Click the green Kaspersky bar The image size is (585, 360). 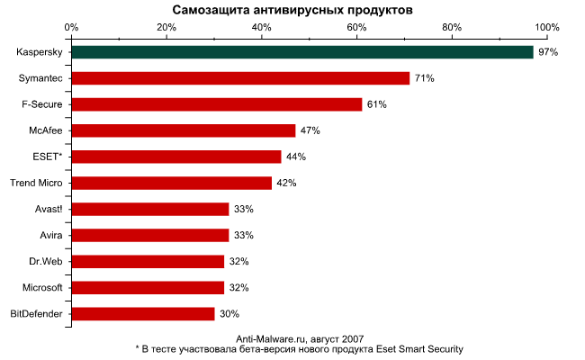pos(302,52)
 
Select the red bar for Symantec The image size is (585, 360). pos(240,78)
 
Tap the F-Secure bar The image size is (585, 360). pos(217,104)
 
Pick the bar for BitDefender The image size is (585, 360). pos(143,314)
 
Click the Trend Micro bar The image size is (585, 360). pos(172,184)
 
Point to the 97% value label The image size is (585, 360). pos(548,52)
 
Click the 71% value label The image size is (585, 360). pos(425,78)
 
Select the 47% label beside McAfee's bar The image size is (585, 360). pos(310,130)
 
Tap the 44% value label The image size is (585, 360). pos(296,157)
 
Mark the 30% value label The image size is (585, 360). pos(229,314)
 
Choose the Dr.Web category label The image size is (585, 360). pos(46,261)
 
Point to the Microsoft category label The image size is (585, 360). pos(42,288)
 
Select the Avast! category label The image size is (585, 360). pos(49,209)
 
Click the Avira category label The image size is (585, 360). pos(51,236)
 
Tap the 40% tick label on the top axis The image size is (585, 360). pos(262,28)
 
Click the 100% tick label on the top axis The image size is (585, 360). pos(547,28)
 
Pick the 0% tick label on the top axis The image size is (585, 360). pos(71,28)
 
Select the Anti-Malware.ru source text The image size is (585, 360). pos(271,339)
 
